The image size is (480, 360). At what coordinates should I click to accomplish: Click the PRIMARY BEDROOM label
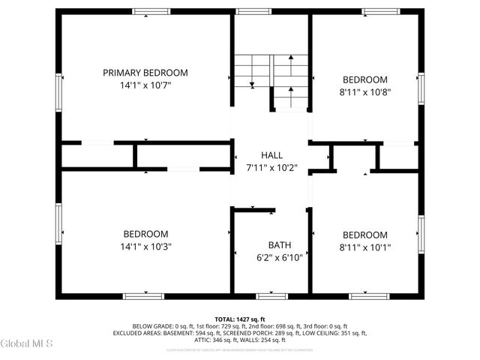click(145, 73)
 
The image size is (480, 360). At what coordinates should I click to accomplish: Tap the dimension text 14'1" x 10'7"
click(145, 85)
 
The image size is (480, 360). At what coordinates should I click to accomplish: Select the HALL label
click(271, 154)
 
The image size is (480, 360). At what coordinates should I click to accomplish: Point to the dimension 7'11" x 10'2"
click(271, 167)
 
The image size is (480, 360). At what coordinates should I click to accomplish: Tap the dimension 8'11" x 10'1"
click(365, 247)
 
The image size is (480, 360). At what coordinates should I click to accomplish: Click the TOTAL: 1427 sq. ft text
click(240, 319)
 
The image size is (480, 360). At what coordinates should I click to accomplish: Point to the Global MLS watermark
click(26, 343)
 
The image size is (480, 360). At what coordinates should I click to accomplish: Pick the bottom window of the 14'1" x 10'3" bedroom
click(143, 296)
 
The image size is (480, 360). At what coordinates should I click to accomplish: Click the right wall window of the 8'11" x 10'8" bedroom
click(421, 89)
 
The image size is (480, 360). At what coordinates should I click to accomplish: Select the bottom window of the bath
click(271, 296)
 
